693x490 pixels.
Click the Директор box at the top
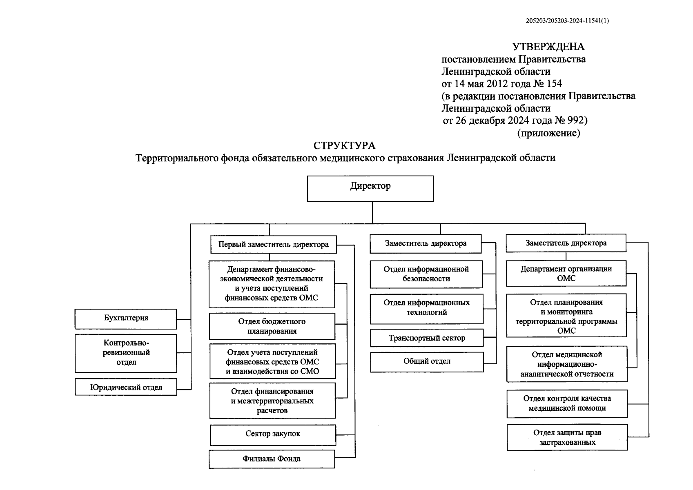point(370,188)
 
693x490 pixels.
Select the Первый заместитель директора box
point(274,245)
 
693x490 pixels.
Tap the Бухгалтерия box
point(126,318)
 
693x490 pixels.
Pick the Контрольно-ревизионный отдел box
point(126,353)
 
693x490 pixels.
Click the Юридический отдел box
point(126,388)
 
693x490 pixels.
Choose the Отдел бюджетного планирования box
point(272,326)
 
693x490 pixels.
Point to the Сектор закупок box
point(273,434)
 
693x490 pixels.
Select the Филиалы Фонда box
point(272,459)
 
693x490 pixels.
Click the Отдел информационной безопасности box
point(426,274)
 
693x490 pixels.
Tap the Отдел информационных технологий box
point(426,308)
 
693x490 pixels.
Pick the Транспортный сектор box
point(427,338)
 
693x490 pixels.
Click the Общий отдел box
point(427,362)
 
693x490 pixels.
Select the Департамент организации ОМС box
point(566,274)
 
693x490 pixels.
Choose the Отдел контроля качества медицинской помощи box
point(567,403)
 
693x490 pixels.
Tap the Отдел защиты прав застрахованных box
point(567,437)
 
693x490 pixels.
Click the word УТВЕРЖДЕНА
point(548,47)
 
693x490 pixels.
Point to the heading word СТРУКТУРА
point(344,146)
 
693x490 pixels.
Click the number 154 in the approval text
point(554,84)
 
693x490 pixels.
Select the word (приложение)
point(548,133)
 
